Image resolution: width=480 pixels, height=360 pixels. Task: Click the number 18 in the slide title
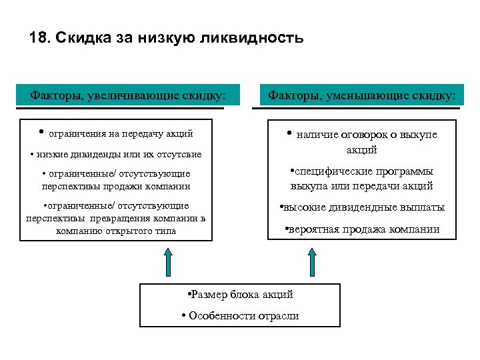(x=37, y=38)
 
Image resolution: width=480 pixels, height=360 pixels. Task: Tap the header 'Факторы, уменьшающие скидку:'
(x=362, y=95)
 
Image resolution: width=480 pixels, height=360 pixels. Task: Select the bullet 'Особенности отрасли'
(x=240, y=315)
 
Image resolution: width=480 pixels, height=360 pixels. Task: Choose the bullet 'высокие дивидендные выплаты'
(x=363, y=207)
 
